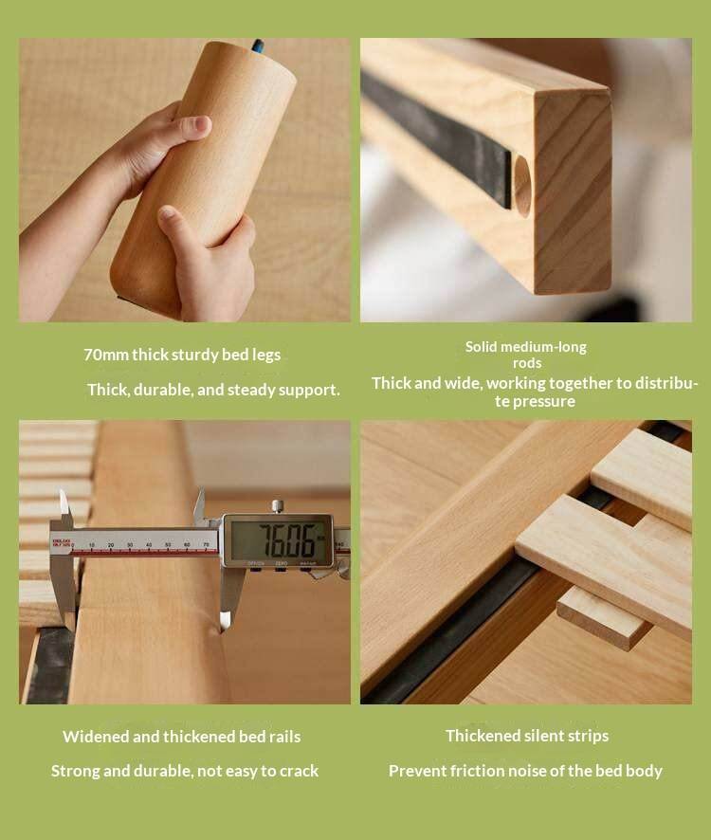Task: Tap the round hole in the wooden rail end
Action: [522, 186]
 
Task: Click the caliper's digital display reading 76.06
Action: [278, 540]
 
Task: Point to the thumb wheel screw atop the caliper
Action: [277, 506]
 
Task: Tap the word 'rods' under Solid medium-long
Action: [527, 363]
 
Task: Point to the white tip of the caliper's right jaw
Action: [225, 620]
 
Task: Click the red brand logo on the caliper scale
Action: [61, 543]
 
